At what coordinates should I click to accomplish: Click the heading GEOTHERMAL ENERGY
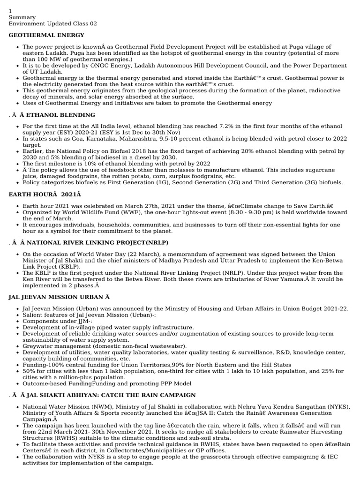tap(46, 35)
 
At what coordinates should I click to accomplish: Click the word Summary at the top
tap(22, 17)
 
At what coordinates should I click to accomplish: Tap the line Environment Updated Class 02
tap(53, 24)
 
